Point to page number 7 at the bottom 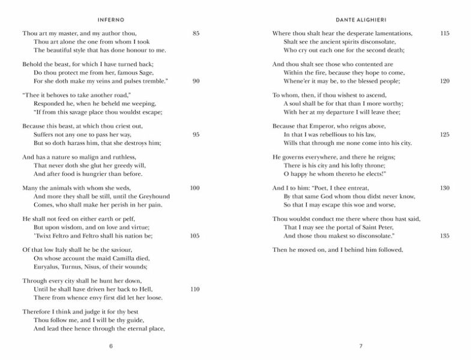click(x=361, y=346)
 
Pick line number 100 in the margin click(x=195, y=188)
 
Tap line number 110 click(x=195, y=289)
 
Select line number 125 click(x=445, y=134)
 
